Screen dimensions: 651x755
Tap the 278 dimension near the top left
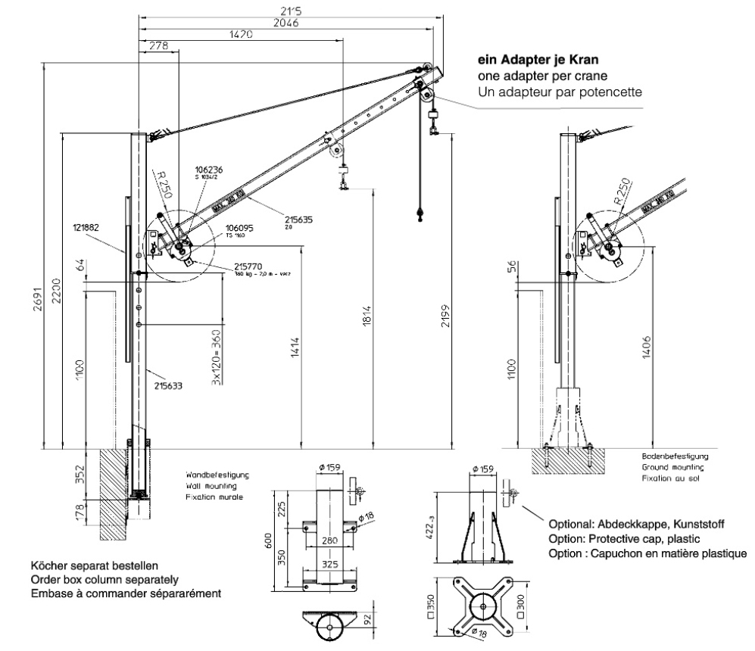point(158,47)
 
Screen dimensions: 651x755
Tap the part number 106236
point(207,170)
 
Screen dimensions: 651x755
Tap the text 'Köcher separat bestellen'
point(95,565)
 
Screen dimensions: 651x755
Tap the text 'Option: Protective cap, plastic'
point(625,539)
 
